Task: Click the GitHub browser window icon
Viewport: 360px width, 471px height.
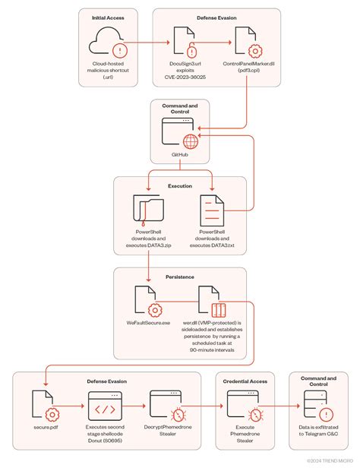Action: [x=179, y=134]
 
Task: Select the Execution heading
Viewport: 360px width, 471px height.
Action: [x=180, y=185]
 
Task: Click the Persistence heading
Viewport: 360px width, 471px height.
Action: [x=180, y=277]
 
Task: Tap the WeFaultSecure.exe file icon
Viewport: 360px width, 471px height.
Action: [x=149, y=302]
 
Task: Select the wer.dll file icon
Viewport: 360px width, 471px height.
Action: [x=211, y=302]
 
